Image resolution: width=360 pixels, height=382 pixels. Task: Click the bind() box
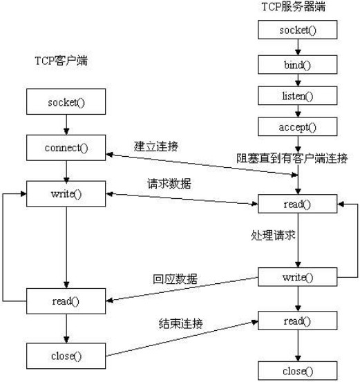click(298, 64)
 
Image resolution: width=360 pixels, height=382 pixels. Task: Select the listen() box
click(298, 96)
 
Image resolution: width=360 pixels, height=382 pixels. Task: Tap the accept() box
click(298, 126)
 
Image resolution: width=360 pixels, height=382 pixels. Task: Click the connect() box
click(66, 148)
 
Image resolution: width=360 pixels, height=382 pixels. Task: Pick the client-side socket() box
click(66, 102)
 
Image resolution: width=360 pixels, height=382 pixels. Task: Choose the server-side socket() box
click(298, 30)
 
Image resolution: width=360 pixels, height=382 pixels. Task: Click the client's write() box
click(66, 194)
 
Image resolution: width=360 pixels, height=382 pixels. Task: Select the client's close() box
click(66, 356)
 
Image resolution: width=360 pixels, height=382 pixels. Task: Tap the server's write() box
click(298, 277)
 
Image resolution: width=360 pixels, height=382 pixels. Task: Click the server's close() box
click(298, 371)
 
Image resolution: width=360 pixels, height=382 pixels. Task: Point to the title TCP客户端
click(61, 60)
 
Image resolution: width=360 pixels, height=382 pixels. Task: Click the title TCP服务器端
click(294, 7)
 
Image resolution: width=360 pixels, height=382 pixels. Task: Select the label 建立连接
click(156, 146)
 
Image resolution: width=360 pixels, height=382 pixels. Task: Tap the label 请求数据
click(169, 184)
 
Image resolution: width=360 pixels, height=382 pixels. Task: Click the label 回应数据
click(175, 279)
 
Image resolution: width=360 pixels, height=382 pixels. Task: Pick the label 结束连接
click(181, 323)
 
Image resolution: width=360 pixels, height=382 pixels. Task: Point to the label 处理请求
click(273, 236)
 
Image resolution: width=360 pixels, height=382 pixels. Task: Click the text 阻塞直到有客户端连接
click(292, 158)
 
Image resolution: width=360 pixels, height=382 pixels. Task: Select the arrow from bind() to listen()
click(298, 80)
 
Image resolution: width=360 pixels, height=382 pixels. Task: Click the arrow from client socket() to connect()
click(66, 124)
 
